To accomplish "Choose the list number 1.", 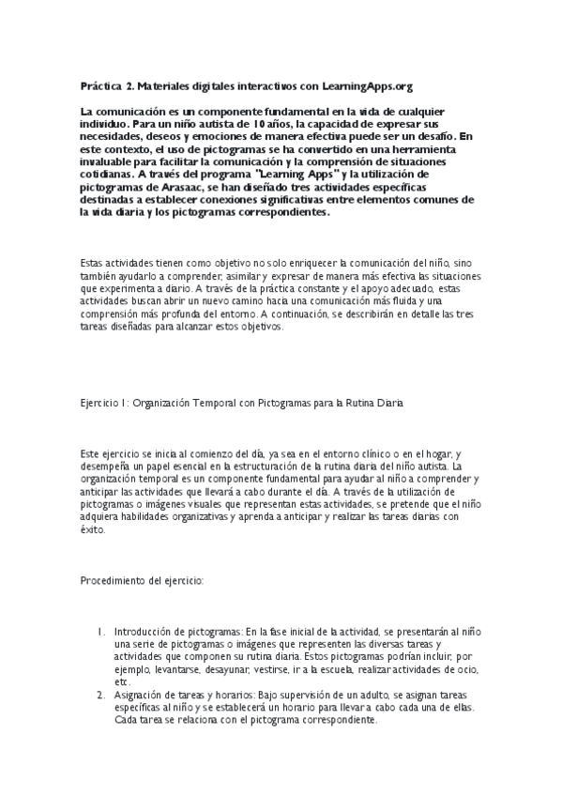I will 102,633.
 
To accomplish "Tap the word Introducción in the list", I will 144,633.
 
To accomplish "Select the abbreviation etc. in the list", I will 122,682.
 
